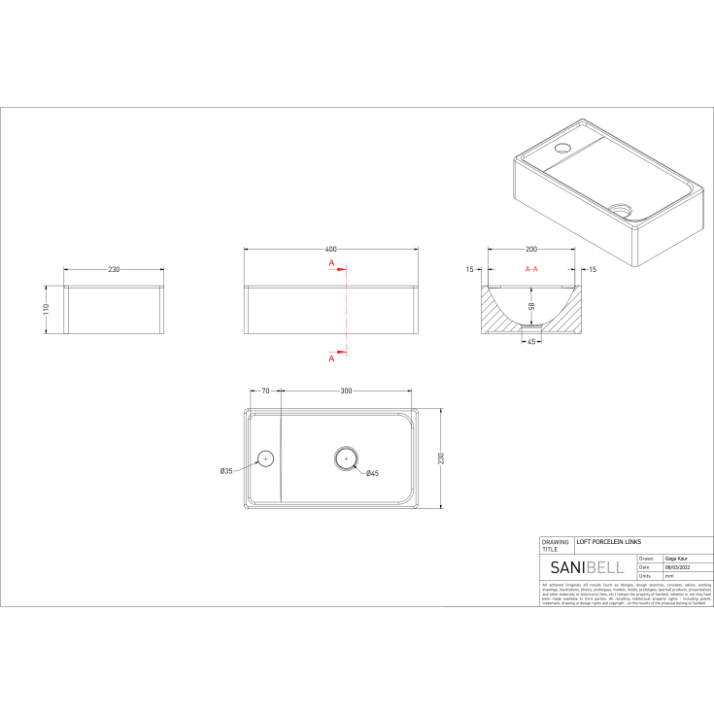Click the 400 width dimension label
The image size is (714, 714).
[x=331, y=250]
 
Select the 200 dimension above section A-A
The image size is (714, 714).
[x=532, y=250]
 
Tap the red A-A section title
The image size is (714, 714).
[x=532, y=268]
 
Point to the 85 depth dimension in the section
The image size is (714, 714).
[x=530, y=306]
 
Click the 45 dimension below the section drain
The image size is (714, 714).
[x=531, y=341]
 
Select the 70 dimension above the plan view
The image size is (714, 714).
[x=264, y=391]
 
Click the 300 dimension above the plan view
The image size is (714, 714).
[x=346, y=391]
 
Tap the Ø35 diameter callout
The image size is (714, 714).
[x=225, y=471]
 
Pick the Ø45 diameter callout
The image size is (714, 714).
[x=371, y=473]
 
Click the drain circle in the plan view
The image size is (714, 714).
[x=346, y=458]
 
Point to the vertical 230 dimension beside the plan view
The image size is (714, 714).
[x=440, y=458]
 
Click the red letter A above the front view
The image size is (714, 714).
[x=331, y=263]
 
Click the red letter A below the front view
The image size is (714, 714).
[x=331, y=357]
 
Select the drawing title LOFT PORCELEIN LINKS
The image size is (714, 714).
[x=609, y=541]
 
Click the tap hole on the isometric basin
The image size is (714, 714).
[x=563, y=150]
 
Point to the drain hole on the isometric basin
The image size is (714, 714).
[x=621, y=208]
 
